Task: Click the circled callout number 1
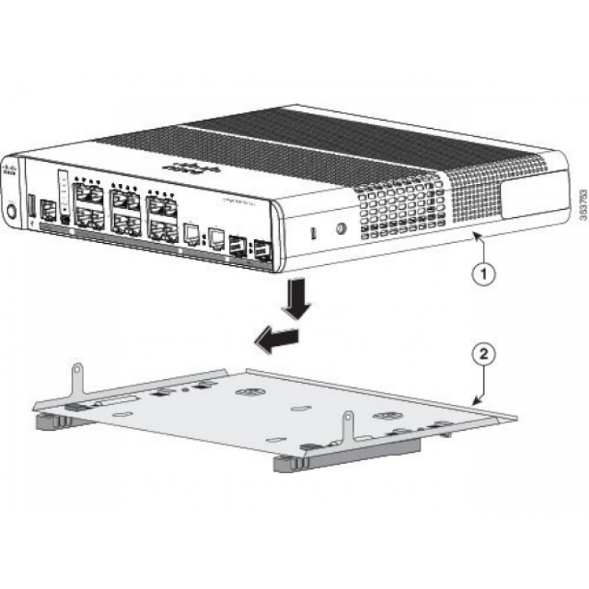(x=482, y=274)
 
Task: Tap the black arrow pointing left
(x=277, y=338)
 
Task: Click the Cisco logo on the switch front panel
(x=9, y=175)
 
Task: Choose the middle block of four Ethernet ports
(x=125, y=214)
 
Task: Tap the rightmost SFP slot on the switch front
(x=261, y=251)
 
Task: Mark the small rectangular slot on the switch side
(x=314, y=233)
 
